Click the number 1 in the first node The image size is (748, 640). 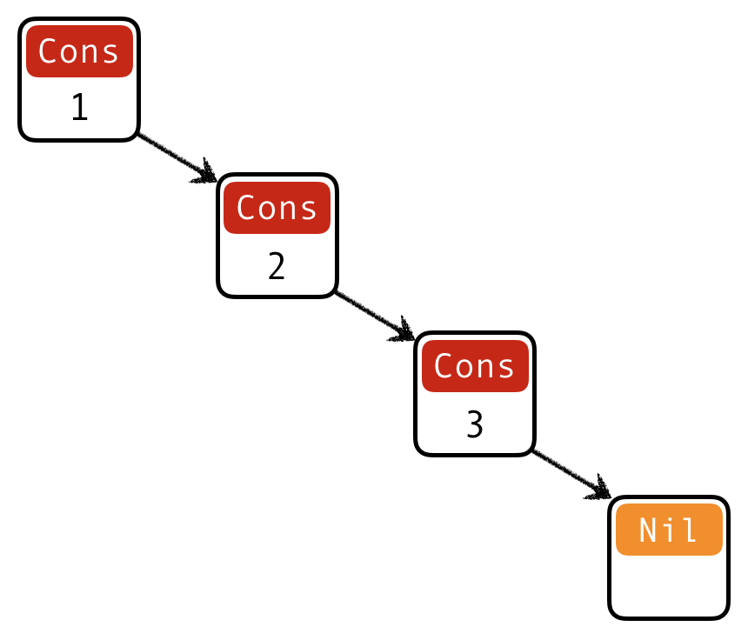tap(79, 107)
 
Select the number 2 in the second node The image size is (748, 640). tap(277, 265)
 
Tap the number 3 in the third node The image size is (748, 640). tap(474, 424)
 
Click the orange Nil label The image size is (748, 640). tap(669, 530)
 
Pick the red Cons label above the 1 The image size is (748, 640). tap(79, 51)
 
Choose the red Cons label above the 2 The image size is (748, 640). tap(277, 208)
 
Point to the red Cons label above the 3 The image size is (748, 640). tap(474, 366)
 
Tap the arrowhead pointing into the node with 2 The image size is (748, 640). tap(206, 173)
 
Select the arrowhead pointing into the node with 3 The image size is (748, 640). tap(404, 331)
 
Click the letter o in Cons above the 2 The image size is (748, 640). tap(266, 209)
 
